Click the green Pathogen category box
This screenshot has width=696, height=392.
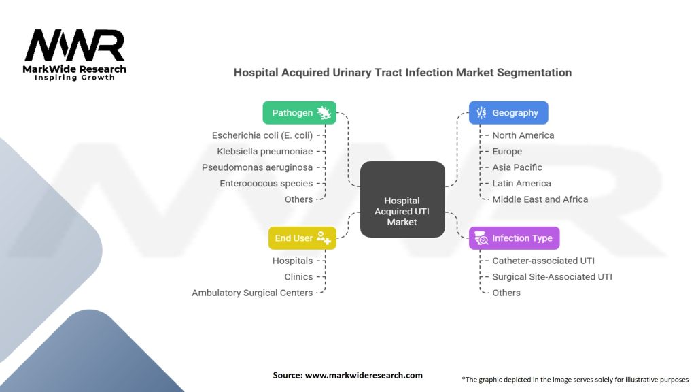point(299,113)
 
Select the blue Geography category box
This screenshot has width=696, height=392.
point(508,113)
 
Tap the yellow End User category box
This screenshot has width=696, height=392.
point(302,238)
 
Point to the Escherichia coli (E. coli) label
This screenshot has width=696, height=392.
point(262,135)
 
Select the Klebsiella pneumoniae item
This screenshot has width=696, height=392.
point(265,151)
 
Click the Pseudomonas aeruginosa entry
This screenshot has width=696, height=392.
point(258,167)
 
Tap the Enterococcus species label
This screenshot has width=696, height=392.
point(266,183)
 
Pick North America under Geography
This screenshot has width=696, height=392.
point(523,135)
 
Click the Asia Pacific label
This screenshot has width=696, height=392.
point(517,167)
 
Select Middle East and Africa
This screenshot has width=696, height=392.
point(540,199)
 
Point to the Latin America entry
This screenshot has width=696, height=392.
point(521,183)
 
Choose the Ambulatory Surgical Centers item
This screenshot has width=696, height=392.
point(252,293)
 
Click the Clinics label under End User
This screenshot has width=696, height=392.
point(298,277)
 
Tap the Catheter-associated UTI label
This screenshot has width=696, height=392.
point(543,261)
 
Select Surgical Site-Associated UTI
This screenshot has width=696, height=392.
point(552,277)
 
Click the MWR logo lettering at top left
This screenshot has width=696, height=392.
point(74,46)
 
